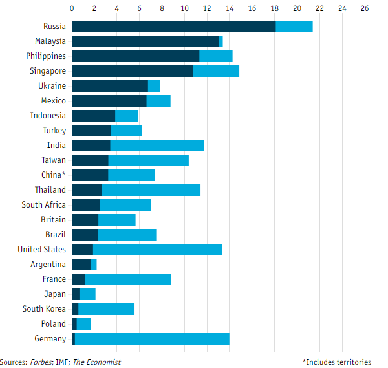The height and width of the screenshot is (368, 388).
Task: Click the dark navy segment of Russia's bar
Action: coord(173,27)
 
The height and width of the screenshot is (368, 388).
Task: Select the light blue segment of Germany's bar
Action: coord(152,339)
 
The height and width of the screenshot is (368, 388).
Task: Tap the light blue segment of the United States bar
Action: coord(158,250)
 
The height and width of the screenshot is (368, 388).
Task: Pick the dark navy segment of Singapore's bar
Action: coord(132,71)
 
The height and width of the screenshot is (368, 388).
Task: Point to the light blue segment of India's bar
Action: coord(157,146)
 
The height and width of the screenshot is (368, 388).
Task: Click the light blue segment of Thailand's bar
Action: coord(151,190)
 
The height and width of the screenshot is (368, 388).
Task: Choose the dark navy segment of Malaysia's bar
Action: coord(145,41)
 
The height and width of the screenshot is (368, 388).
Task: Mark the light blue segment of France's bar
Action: coord(128,279)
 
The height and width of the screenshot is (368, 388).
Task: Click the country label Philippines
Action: coord(46,56)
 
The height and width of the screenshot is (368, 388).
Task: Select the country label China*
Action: coord(53,175)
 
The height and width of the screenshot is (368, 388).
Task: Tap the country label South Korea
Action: coord(44,309)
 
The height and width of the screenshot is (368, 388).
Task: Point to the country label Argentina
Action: coord(48,265)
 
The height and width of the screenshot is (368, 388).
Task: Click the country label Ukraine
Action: coord(52,86)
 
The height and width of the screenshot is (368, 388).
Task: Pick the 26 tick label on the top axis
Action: coord(365,9)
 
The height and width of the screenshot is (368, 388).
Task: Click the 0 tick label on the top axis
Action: coord(72,9)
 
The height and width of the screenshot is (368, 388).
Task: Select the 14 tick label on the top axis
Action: coord(229,9)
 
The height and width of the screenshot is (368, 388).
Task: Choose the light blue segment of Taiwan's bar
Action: coord(148,160)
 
